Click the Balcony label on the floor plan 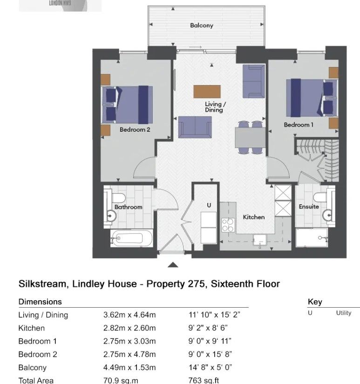(x=202, y=26)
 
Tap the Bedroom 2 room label (x=135, y=129)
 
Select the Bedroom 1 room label (x=299, y=125)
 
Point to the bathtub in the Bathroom (x=132, y=238)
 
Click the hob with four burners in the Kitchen (x=228, y=225)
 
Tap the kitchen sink (x=260, y=241)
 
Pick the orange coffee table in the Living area (x=207, y=92)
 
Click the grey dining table (x=250, y=137)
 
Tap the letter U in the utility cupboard (x=209, y=205)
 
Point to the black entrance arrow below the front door (x=173, y=264)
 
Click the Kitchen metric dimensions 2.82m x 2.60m (x=129, y=328)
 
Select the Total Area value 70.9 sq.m (x=121, y=380)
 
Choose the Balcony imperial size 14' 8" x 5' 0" (x=210, y=367)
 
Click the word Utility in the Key (x=344, y=313)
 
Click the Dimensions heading (x=40, y=302)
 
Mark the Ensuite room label (x=309, y=207)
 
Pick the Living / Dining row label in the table (x=43, y=315)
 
